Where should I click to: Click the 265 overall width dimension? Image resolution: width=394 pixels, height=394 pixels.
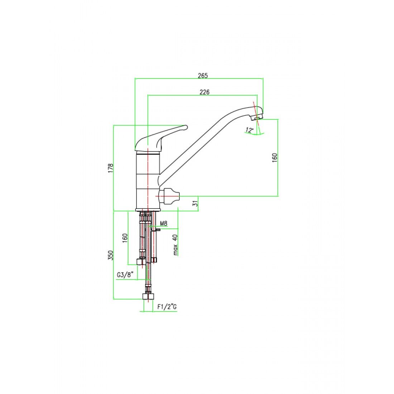tap(203, 76)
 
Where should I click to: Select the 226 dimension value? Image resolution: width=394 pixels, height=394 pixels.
tap(204, 92)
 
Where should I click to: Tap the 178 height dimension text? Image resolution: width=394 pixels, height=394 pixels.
tap(111, 168)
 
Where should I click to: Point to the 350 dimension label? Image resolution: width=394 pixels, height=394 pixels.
tap(111, 255)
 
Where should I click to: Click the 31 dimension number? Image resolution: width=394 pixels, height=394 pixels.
tap(195, 203)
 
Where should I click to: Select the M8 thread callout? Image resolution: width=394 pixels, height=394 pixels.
tap(164, 224)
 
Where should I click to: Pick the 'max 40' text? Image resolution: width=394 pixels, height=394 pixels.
tap(176, 245)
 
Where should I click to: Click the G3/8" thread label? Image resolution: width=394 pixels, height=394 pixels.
tap(125, 275)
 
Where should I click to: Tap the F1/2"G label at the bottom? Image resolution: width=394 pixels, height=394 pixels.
tap(167, 307)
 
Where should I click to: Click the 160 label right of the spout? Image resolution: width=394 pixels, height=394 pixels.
tap(275, 158)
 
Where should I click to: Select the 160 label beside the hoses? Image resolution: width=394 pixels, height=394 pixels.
tap(125, 238)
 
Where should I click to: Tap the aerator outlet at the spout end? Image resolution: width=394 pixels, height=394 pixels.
tap(257, 117)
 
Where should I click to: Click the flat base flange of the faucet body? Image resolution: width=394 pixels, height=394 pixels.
tap(149, 210)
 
